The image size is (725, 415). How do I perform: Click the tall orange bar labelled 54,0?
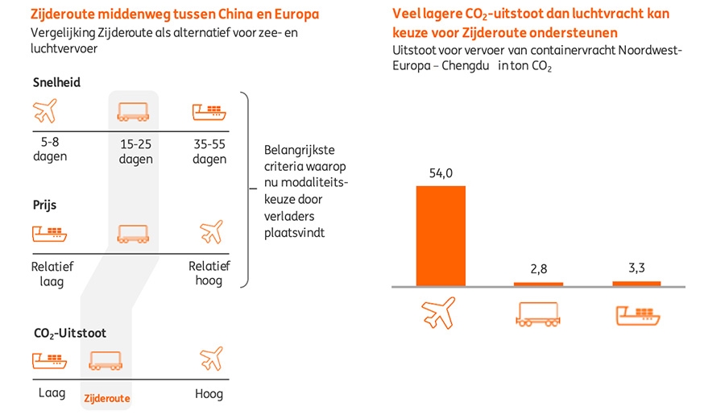pos(441,235)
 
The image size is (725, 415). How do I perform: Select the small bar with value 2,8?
pos(539,284)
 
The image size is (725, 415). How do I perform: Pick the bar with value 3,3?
pos(636,283)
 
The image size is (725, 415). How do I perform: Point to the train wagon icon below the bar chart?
pos(538,313)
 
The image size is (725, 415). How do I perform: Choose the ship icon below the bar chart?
pos(636,313)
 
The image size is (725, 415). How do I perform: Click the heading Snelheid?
pos(56,82)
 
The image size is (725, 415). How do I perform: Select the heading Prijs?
pos(44,205)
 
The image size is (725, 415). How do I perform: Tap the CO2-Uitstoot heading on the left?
pos(70,332)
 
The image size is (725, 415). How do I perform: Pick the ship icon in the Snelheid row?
pos(209,112)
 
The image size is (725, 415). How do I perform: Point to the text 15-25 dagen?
pos(135,152)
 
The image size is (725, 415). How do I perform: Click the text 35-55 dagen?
pos(209,152)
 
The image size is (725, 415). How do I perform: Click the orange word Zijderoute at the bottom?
pos(106,398)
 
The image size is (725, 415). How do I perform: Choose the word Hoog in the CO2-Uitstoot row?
pos(209,394)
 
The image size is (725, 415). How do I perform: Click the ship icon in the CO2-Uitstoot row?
pos(48,359)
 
